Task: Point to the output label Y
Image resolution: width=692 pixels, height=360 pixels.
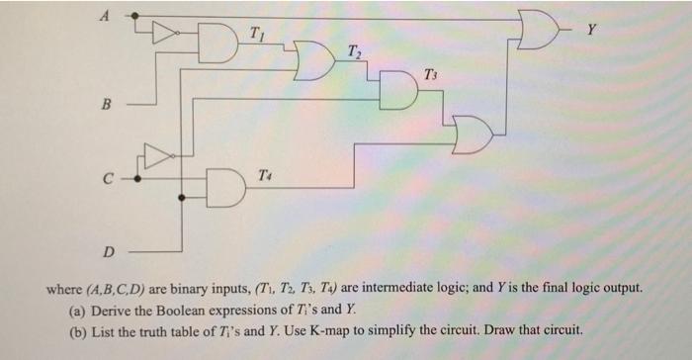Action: (592, 29)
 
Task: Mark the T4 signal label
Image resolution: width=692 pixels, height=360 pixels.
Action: (260, 174)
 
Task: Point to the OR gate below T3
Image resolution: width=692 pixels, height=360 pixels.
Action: (473, 134)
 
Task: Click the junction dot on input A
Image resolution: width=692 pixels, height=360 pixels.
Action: (135, 17)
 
